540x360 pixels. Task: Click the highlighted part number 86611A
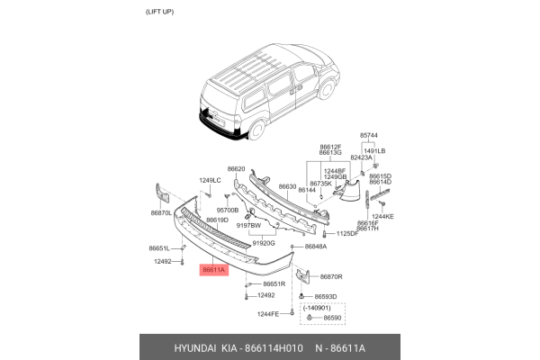click(x=214, y=269)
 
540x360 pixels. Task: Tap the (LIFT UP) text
click(x=163, y=12)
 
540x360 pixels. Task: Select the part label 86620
click(x=237, y=168)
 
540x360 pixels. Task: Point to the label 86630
click(x=287, y=187)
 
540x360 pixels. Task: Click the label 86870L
click(x=161, y=213)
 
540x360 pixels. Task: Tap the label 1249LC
click(x=210, y=181)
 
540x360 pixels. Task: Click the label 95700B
click(x=215, y=210)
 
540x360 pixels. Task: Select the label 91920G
click(x=263, y=243)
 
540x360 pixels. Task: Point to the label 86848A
click(x=315, y=246)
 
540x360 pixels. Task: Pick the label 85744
click(x=371, y=135)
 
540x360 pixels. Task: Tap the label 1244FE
click(x=269, y=313)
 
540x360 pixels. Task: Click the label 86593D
click(x=325, y=296)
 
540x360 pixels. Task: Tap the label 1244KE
click(x=383, y=216)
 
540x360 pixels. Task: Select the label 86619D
click(x=217, y=220)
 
